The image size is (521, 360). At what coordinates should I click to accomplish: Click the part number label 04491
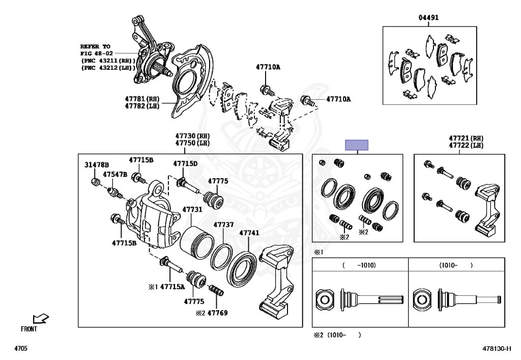coord(428,17)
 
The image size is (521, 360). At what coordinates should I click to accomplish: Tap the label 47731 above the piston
coord(192,210)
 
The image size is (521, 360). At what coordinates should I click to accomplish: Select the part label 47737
coord(223,225)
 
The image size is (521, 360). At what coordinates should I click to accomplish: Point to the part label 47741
coord(249,233)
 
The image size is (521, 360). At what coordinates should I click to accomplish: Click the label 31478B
coord(96,165)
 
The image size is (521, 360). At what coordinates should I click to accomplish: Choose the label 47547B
coord(115,175)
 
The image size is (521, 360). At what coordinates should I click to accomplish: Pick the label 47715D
coord(185,163)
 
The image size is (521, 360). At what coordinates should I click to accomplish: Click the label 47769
coord(218,313)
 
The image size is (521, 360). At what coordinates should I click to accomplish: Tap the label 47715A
coord(172,287)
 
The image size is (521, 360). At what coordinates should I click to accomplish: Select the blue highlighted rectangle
coord(357,145)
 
